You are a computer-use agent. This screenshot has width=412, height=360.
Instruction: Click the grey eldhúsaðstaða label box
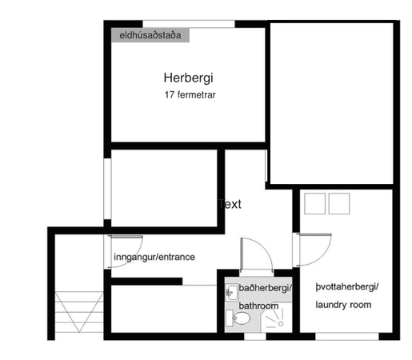pyautogui.click(x=150, y=35)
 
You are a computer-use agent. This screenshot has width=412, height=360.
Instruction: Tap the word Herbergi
pyautogui.click(x=189, y=78)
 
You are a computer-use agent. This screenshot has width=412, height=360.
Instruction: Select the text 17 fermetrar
pyautogui.click(x=189, y=95)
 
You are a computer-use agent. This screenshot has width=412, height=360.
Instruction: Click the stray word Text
pyautogui.click(x=230, y=204)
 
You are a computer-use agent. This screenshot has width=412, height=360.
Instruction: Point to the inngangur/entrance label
pyautogui.click(x=154, y=257)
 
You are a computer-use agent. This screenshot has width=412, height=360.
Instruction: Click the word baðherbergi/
pyautogui.click(x=266, y=288)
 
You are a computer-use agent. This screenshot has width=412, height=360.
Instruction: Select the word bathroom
pyautogui.click(x=258, y=306)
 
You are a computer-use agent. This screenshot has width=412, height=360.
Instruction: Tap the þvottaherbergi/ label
pyautogui.click(x=346, y=286)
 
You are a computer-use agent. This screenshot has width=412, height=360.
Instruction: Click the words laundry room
pyautogui.click(x=343, y=305)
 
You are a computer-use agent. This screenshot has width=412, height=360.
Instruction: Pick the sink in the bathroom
pyautogui.click(x=231, y=290)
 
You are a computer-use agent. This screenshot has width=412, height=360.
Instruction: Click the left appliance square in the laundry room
pyautogui.click(x=316, y=205)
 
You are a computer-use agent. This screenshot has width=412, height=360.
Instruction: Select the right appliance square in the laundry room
pyautogui.click(x=339, y=205)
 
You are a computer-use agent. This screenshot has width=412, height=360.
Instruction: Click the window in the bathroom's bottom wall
pyautogui.click(x=254, y=336)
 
